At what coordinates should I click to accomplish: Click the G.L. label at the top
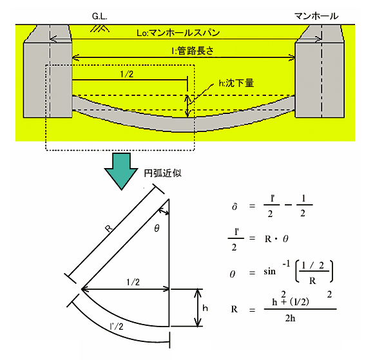(99, 16)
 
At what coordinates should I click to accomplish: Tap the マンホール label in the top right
(316, 16)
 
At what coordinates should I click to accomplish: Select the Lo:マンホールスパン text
(178, 33)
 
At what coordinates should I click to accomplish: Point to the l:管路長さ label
(193, 51)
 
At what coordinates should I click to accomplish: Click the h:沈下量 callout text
(236, 83)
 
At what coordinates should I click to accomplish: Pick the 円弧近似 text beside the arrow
(162, 173)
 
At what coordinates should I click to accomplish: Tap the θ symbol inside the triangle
(157, 228)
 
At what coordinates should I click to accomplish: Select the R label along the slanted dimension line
(109, 228)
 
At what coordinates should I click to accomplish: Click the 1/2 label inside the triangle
(133, 282)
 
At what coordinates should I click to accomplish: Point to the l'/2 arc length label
(116, 326)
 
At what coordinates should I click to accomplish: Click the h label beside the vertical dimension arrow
(205, 308)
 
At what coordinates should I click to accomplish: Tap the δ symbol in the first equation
(235, 207)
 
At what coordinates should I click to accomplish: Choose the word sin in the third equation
(269, 271)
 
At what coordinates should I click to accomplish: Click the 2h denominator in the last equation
(290, 318)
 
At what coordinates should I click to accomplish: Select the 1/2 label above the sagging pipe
(126, 74)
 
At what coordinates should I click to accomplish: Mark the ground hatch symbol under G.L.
(100, 28)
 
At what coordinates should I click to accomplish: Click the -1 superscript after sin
(286, 264)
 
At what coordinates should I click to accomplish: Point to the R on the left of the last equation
(234, 309)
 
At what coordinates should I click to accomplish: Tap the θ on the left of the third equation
(232, 274)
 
